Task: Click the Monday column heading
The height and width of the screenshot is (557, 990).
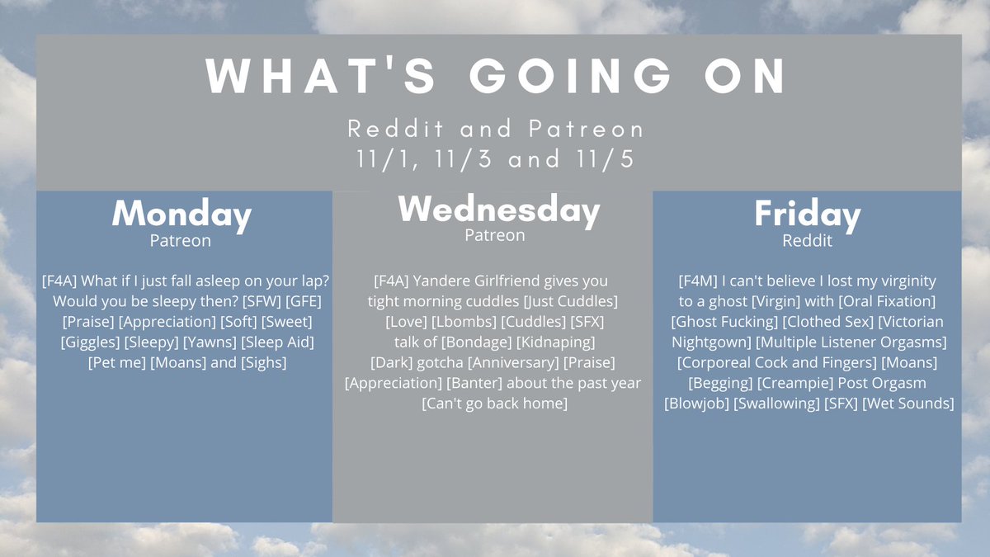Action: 181,215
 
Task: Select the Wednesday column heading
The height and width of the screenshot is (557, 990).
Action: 499,210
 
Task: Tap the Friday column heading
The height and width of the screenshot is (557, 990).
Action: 808,215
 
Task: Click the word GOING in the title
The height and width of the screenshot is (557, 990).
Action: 570,76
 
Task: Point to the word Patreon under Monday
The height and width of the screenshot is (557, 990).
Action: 181,241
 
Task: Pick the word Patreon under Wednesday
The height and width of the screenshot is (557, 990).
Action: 494,236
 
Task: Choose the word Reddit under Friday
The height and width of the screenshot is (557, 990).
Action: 807,241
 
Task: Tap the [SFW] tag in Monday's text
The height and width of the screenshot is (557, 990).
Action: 262,301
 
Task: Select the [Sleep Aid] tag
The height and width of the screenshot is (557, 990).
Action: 277,342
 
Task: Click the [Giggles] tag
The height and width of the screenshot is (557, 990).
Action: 90,342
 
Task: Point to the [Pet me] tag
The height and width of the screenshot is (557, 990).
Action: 116,362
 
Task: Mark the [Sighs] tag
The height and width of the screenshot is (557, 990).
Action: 263,362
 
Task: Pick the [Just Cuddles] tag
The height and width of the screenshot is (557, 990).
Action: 571,301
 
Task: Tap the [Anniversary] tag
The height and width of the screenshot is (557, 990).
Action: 513,362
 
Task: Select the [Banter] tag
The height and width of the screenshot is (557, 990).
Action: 474,383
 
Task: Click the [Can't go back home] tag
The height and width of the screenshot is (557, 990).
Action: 494,404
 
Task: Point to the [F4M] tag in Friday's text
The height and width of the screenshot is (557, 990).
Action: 698,281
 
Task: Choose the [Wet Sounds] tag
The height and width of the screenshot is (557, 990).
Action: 907,404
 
